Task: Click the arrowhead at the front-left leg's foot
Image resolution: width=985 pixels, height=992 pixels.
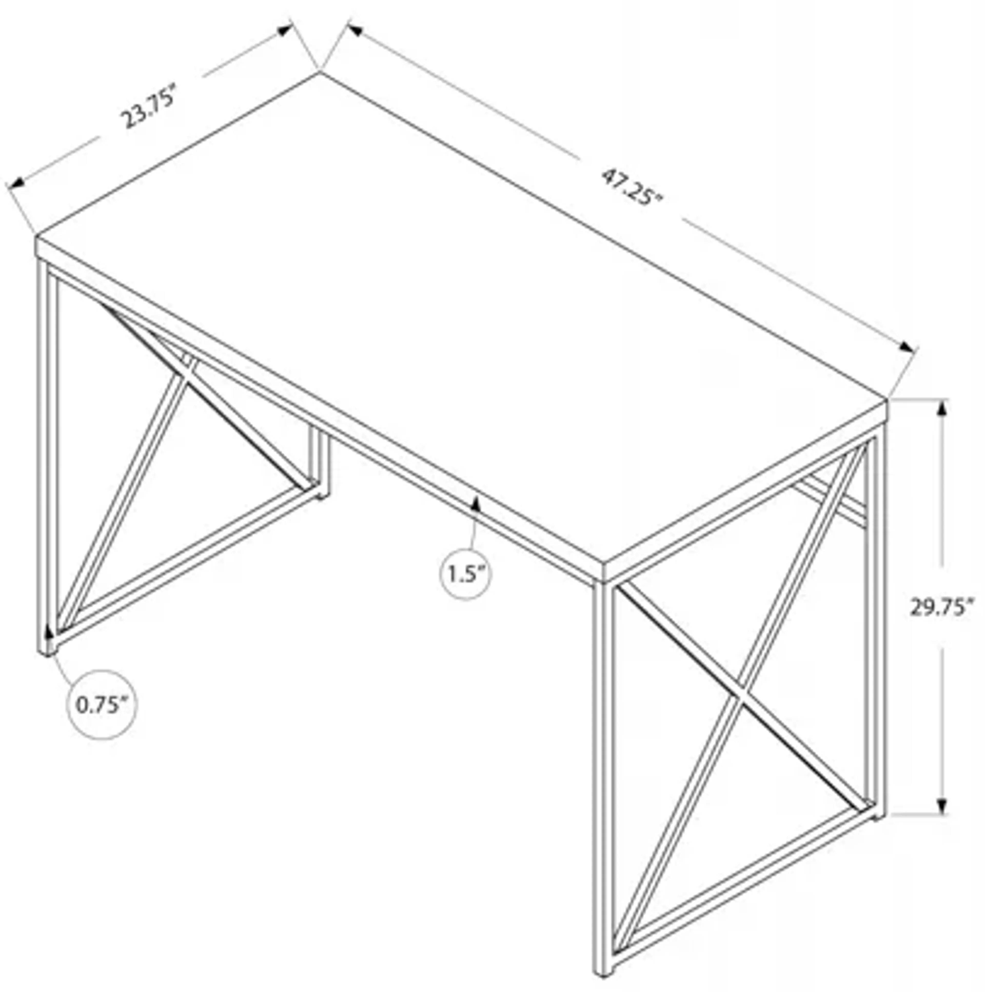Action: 49,632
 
